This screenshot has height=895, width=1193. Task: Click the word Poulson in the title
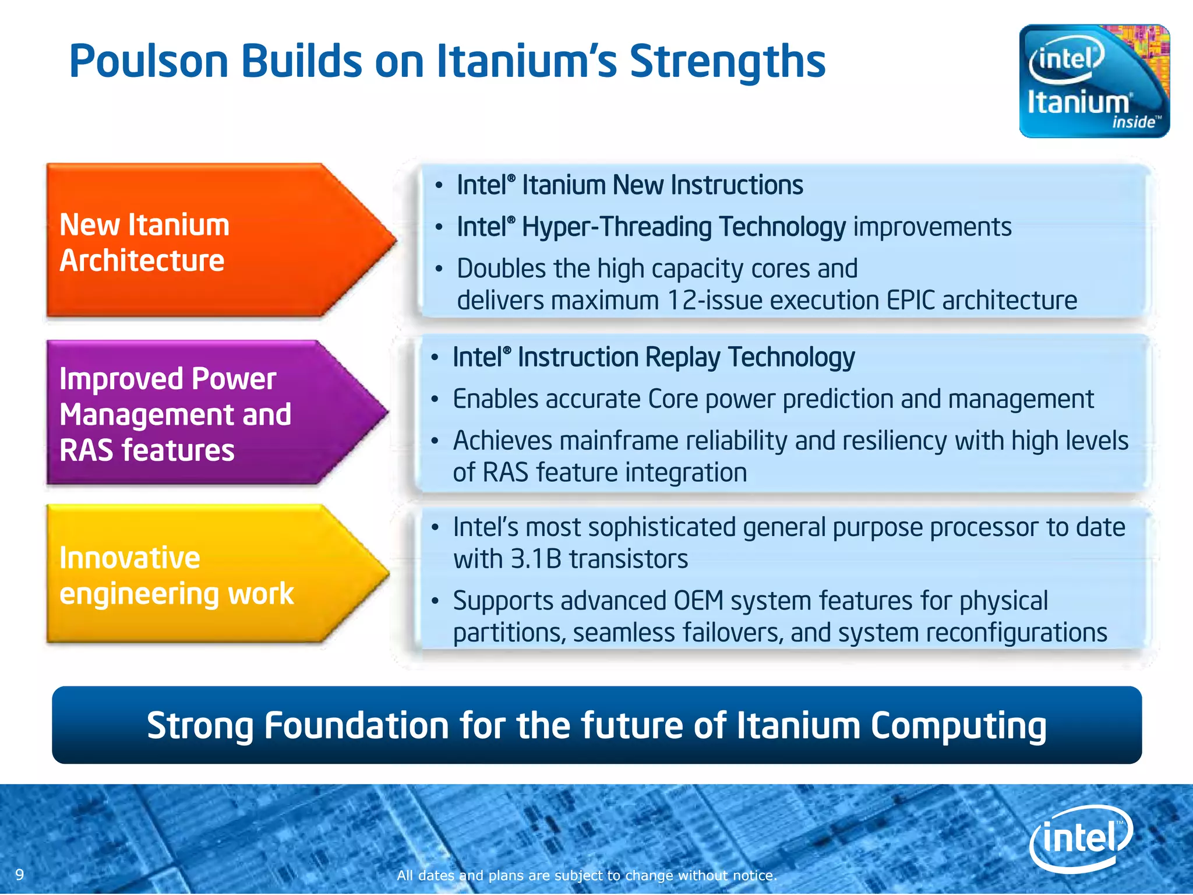click(x=149, y=61)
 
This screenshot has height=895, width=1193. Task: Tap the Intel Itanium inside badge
click(x=1094, y=82)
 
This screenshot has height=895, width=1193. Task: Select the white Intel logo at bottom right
click(x=1081, y=838)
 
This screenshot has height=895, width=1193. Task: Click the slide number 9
click(x=20, y=875)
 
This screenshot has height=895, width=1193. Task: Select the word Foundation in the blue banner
click(x=357, y=726)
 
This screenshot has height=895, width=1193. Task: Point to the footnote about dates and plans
click(x=587, y=875)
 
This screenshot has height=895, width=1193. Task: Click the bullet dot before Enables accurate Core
click(x=435, y=400)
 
